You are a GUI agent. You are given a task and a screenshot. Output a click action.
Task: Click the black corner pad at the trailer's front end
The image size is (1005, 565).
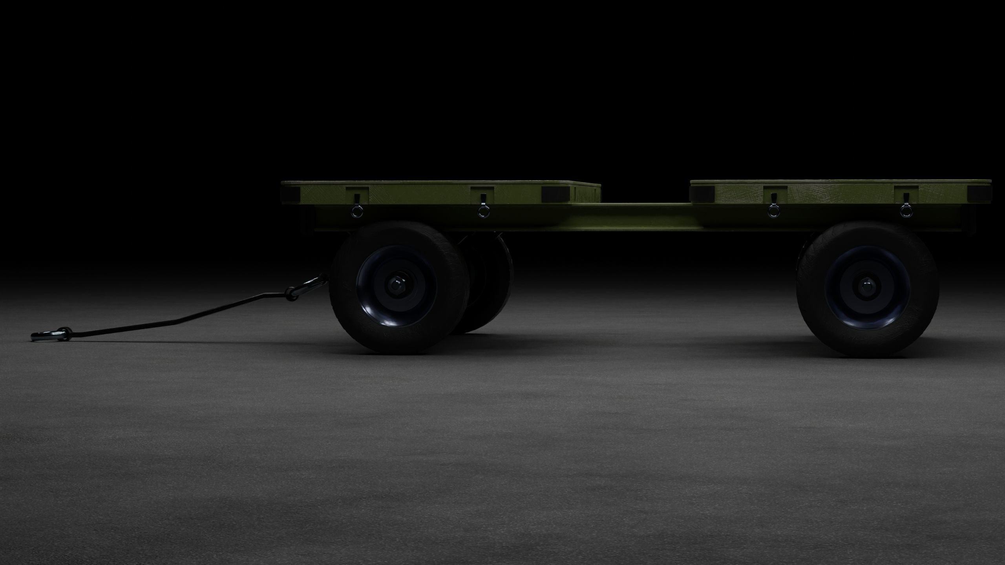pos(291,193)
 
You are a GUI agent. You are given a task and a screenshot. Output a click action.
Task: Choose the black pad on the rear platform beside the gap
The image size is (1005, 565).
pos(703,193)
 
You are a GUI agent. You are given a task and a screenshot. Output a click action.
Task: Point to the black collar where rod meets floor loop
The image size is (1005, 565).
pos(65,333)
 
